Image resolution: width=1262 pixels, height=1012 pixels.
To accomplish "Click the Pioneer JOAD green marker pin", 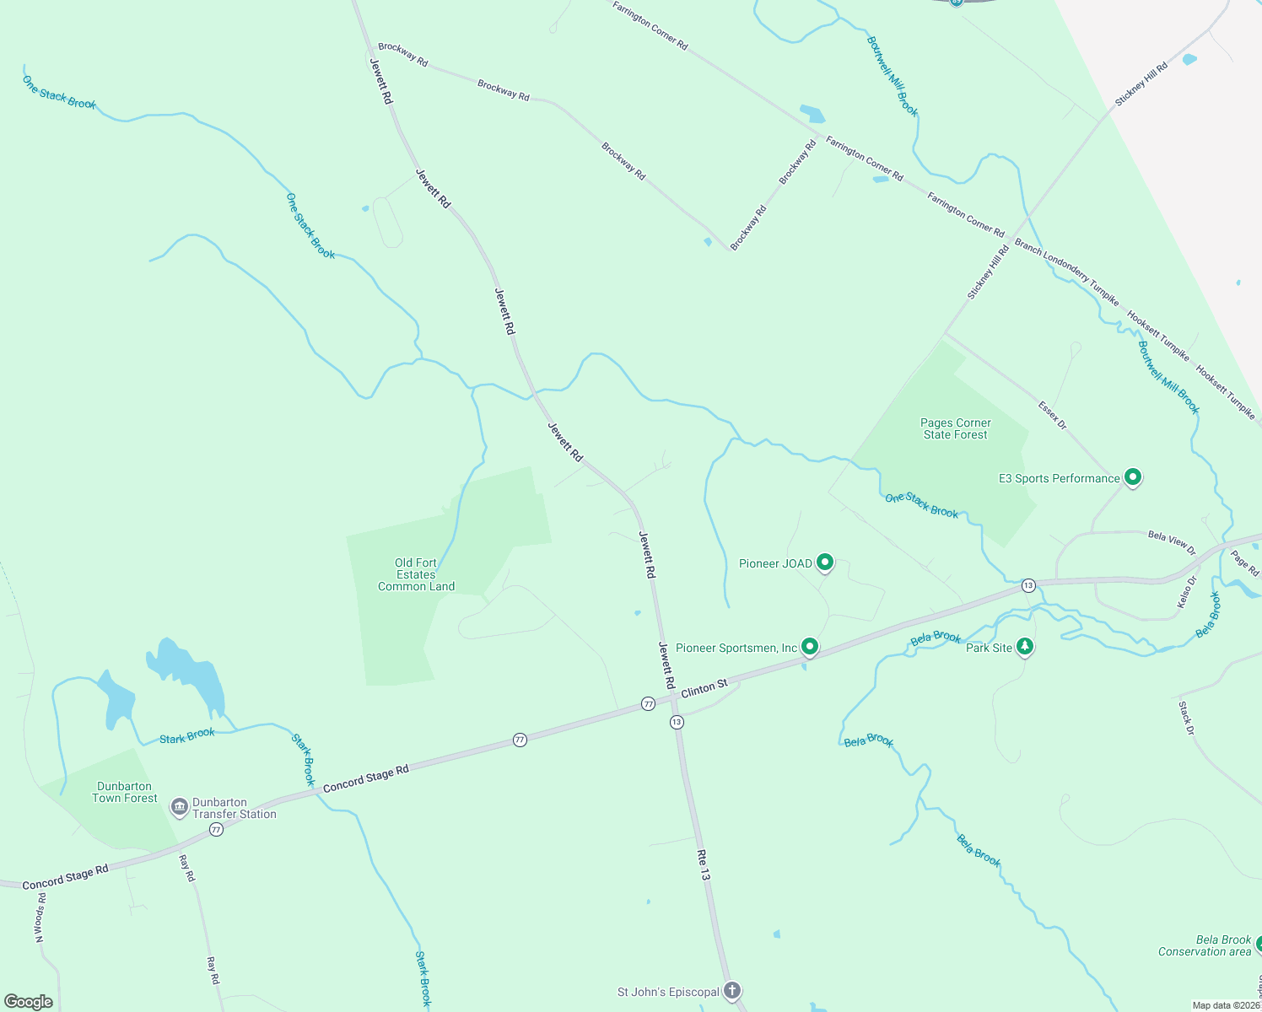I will pos(825,563).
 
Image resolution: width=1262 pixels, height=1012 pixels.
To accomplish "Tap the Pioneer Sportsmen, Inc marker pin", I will pos(810,647).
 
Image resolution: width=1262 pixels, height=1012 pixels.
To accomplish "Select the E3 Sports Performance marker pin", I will pos(1133,477).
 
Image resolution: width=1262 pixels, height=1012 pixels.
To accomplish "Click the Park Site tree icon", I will pos(1025,647).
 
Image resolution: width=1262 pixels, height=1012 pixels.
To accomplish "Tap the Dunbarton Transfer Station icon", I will pos(179,807).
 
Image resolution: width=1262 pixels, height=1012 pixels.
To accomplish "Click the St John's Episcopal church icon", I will pos(732,991).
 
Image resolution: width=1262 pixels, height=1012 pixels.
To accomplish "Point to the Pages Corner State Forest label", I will pos(955,428).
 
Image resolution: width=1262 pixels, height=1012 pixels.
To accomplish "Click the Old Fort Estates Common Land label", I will pos(416,574).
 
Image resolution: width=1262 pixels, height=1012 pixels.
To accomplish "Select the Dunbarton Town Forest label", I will pos(125,792).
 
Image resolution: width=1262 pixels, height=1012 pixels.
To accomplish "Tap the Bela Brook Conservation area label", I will pos(1205,945).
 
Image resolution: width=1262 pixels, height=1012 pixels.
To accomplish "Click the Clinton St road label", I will pos(704,688).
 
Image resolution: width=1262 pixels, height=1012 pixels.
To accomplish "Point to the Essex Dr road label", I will pos(1052,415).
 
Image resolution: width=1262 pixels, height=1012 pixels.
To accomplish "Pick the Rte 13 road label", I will pos(704,865).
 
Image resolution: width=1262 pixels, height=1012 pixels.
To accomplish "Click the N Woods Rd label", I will pos(40,918).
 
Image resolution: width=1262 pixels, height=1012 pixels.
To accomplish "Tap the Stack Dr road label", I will pos(1186,718).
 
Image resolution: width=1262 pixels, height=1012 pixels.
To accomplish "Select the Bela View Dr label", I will pos(1172,543).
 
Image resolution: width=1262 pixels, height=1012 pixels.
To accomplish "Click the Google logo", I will pos(29,1001).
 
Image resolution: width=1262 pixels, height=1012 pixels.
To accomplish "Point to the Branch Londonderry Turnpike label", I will pos(1066,271).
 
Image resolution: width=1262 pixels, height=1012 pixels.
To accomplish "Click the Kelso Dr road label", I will pos(1186,592).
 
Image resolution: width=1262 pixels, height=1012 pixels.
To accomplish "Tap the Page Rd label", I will pos(1244,563).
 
